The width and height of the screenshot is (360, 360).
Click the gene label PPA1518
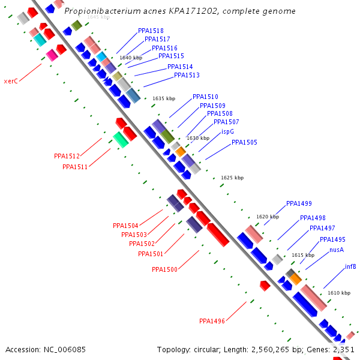pyautogui.click(x=151, y=31)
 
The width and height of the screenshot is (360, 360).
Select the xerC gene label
pyautogui.click(x=11, y=81)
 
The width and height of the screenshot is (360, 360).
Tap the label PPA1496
pyautogui.click(x=212, y=321)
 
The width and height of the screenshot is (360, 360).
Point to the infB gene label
pyautogui.click(x=350, y=266)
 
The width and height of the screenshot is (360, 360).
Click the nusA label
pyautogui.click(x=336, y=250)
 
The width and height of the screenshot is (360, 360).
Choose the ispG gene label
pyautogui.click(x=227, y=131)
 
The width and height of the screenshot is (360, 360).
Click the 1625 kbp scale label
pyautogui.click(x=232, y=178)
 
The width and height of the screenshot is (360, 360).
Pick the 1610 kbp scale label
pyautogui.click(x=338, y=293)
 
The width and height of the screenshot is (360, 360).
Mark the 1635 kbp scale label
pyautogui.click(x=164, y=98)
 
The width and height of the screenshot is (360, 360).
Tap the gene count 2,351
pyautogui.click(x=344, y=349)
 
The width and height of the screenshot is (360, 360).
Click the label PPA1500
pyautogui.click(x=164, y=269)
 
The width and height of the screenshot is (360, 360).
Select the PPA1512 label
pyautogui.click(x=67, y=156)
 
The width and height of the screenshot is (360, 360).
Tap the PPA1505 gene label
pyautogui.click(x=244, y=142)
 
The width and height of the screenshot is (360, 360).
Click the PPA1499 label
pyautogui.click(x=299, y=203)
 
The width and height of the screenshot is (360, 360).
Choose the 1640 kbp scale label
pyautogui.click(x=131, y=58)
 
